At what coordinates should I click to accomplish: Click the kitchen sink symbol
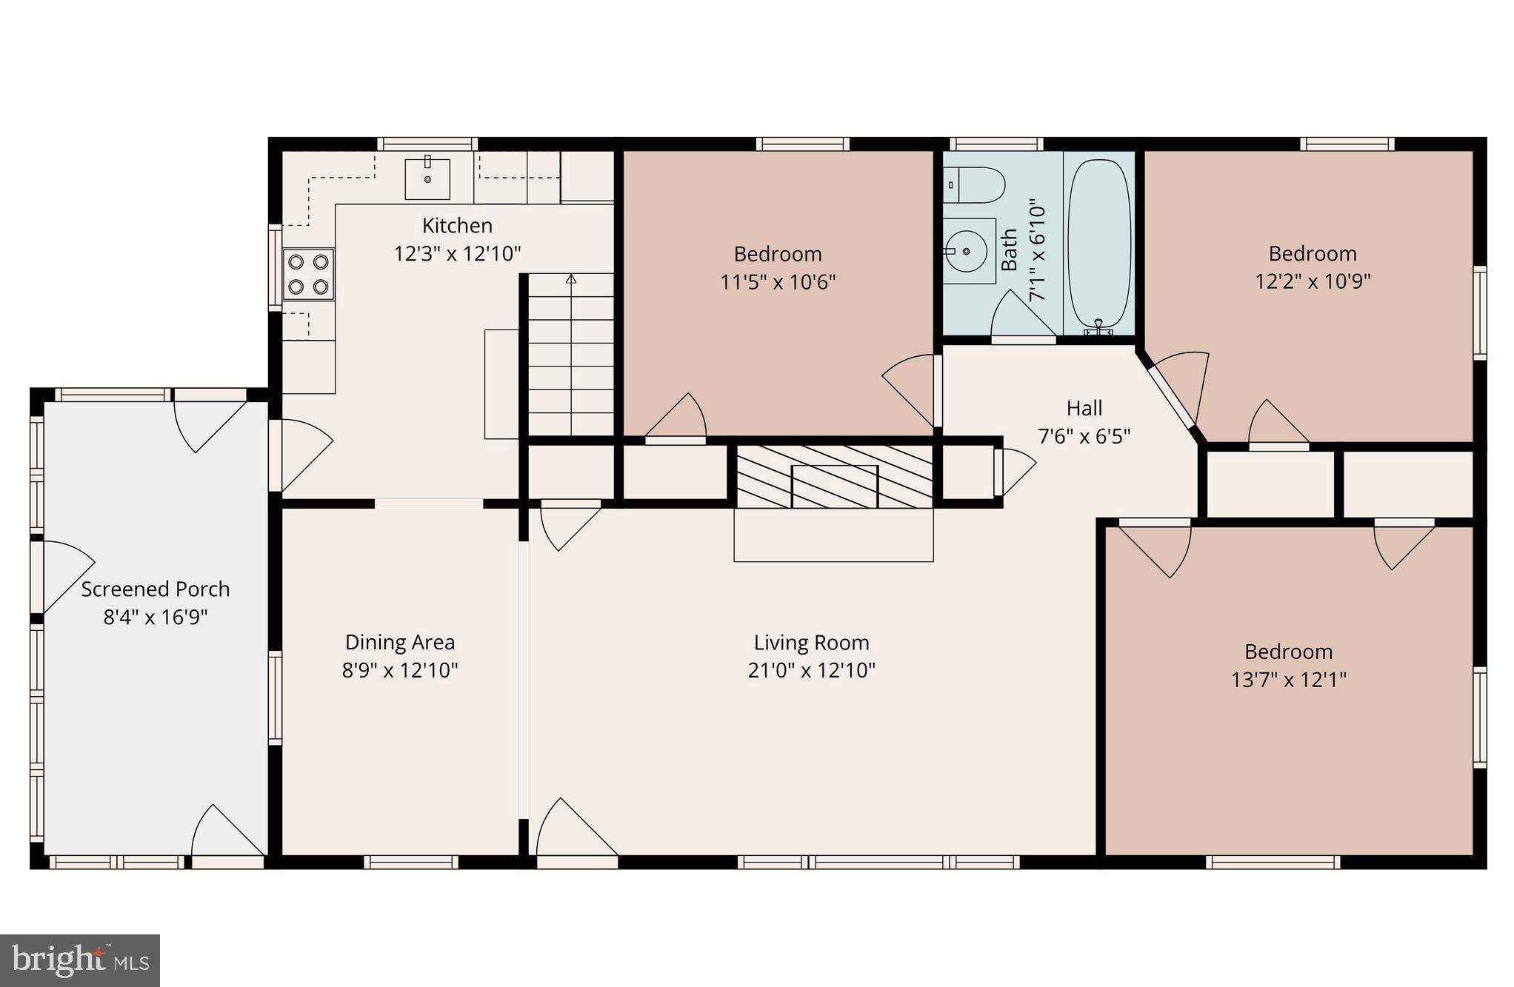point(427,178)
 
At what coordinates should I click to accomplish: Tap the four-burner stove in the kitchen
point(308,274)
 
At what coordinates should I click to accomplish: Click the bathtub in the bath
point(1100,243)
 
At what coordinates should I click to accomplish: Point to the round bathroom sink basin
point(967,251)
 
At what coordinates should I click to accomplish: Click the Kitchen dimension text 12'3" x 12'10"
point(457,254)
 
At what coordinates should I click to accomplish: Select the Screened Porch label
point(155,589)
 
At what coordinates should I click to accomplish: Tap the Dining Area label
point(400,642)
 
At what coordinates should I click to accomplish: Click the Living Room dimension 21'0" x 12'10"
point(811,670)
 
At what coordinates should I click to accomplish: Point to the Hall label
point(1084,408)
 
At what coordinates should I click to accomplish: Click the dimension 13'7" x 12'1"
point(1288,680)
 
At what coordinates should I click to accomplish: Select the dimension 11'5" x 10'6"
point(778,282)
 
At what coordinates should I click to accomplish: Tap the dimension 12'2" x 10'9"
point(1312,281)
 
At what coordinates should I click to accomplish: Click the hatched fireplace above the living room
point(835,477)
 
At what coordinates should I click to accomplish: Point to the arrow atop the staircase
point(571,279)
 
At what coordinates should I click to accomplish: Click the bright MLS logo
point(80,960)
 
